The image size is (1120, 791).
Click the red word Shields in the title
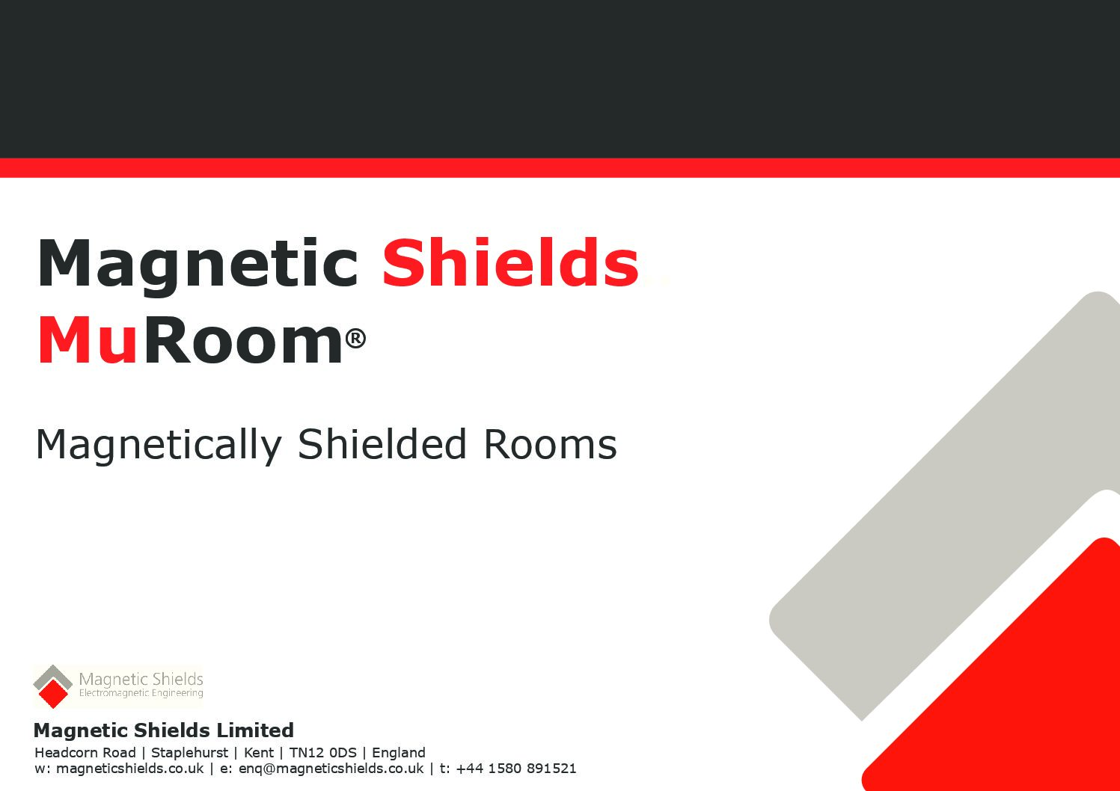click(510, 263)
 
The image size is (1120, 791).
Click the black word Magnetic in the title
click(198, 268)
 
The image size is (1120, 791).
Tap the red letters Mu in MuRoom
click(87, 340)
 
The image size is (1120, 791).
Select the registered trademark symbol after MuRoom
click(355, 338)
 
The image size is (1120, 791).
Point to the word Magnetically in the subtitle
click(159, 446)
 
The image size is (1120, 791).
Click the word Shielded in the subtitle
click(382, 443)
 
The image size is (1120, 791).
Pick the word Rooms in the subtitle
click(550, 444)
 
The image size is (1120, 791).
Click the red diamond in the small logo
click(53, 694)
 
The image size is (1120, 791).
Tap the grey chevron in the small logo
click(53, 676)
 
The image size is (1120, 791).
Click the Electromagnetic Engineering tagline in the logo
click(141, 693)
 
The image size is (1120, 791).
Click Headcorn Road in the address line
click(85, 753)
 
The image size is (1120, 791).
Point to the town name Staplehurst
click(189, 753)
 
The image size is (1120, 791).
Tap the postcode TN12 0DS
click(322, 753)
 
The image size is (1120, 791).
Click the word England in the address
click(399, 753)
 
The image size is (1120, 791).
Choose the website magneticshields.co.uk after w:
click(130, 769)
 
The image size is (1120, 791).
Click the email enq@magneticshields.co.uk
click(331, 769)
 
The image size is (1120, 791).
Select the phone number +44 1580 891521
click(516, 768)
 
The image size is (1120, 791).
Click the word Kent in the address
click(259, 753)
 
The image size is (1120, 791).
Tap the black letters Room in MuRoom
click(243, 340)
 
